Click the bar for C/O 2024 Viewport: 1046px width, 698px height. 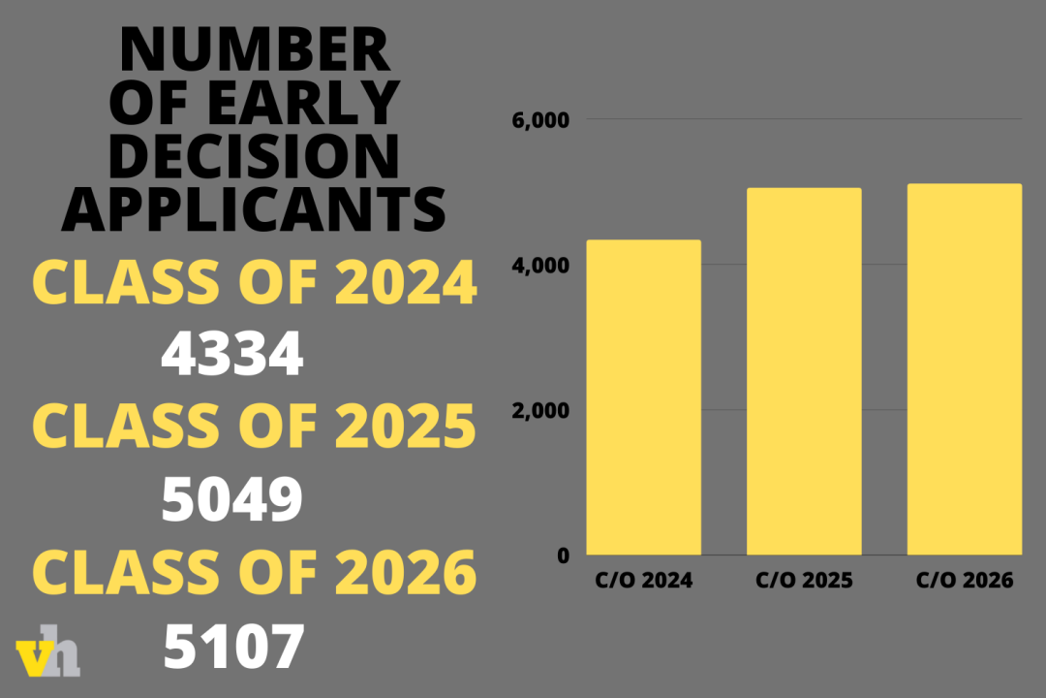643,397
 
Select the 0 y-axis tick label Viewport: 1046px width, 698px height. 563,555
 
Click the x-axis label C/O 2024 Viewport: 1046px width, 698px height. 643,582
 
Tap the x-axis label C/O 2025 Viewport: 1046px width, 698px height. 804,582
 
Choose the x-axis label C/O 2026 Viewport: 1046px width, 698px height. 965,582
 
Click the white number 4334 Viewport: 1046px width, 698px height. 232,355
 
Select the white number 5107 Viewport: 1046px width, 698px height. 233,647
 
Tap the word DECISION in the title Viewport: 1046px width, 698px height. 255,155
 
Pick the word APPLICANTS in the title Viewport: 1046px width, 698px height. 255,207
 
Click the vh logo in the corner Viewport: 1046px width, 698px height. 48,657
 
